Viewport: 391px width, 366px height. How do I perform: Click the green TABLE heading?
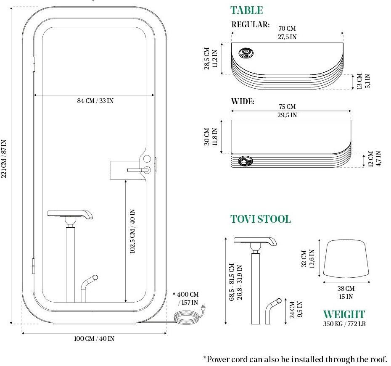pyautogui.click(x=246, y=10)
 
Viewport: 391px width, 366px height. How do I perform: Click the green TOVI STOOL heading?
pyautogui.click(x=260, y=219)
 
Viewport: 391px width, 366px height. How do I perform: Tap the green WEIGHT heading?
pyautogui.click(x=344, y=314)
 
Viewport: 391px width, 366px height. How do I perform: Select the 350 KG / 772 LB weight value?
pyautogui.click(x=344, y=324)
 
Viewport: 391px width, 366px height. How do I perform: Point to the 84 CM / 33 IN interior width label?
pyautogui.click(x=95, y=101)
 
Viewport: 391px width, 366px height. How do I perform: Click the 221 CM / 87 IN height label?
pyautogui.click(x=4, y=158)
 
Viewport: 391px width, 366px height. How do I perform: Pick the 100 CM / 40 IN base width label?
pyautogui.click(x=94, y=339)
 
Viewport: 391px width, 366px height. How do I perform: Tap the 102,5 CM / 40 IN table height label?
pyautogui.click(x=132, y=231)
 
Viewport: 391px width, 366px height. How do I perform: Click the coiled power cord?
pyautogui.click(x=187, y=317)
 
